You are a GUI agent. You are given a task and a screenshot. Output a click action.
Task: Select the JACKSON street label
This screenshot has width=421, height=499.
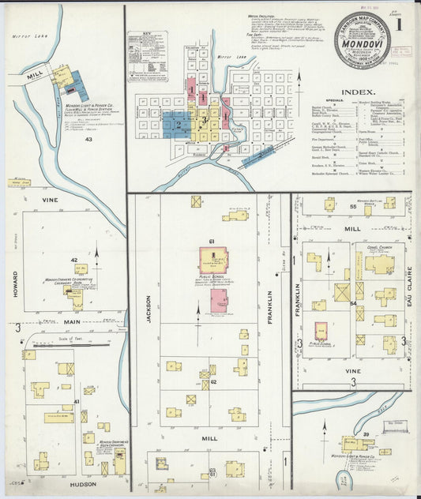147,310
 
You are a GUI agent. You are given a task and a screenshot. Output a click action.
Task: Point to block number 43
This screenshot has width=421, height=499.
89,140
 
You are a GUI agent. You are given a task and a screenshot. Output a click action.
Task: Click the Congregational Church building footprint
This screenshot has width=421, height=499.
380,265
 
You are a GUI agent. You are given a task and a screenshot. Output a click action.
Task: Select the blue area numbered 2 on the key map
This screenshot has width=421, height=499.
179,124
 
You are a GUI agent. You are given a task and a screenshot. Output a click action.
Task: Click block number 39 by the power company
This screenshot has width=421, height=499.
366,434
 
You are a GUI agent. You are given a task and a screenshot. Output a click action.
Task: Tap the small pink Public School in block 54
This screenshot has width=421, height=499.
321,331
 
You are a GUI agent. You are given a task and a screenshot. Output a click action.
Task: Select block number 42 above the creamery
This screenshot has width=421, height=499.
73,260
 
